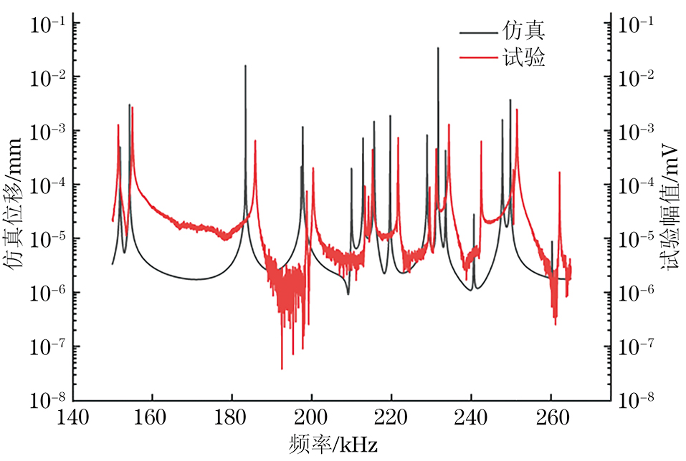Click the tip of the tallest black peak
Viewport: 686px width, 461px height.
pos(438,48)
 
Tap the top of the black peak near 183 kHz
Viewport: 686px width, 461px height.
pos(245,66)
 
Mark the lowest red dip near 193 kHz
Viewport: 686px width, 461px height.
pos(282,369)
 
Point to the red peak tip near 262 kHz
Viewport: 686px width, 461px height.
pos(559,173)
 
